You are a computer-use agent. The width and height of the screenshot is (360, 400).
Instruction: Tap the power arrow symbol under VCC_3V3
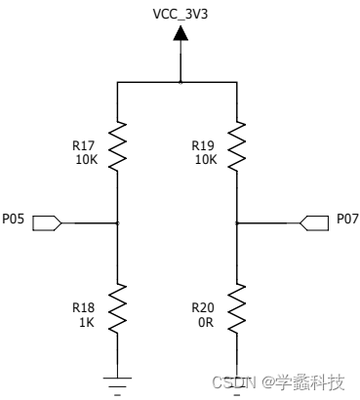coord(180,34)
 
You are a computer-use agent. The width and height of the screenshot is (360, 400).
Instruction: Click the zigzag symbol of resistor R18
coord(117,306)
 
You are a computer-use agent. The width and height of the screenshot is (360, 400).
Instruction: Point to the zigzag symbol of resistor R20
coord(237,306)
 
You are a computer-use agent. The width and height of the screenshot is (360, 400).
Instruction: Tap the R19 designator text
coord(204,144)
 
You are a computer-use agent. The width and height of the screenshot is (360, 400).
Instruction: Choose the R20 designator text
coord(204,305)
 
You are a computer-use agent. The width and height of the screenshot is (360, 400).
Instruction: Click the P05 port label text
coord(13,220)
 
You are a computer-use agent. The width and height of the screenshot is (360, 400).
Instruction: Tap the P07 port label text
coord(347,220)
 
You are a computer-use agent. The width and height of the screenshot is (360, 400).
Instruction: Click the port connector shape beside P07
coord(313,223)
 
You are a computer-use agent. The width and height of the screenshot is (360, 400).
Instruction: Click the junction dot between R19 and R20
coord(237,223)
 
